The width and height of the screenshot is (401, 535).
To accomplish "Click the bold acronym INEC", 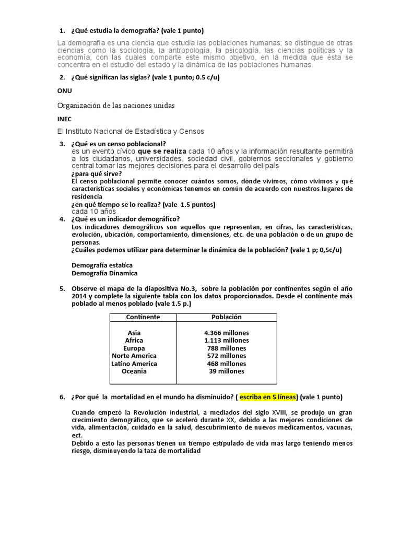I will pyautogui.click(x=64, y=119).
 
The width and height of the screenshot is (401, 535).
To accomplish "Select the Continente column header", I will pyautogui.click(x=143, y=317).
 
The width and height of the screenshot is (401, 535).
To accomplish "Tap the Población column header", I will pyautogui.click(x=227, y=317).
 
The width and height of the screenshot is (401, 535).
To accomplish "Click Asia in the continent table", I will pyautogui.click(x=134, y=333).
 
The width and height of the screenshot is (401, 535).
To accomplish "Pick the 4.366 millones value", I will pyautogui.click(x=227, y=333).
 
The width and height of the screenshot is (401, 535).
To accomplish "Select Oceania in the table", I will pyautogui.click(x=134, y=371).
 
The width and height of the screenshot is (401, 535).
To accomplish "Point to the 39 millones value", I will pyautogui.click(x=227, y=371).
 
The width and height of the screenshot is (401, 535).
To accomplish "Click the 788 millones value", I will pyautogui.click(x=227, y=348).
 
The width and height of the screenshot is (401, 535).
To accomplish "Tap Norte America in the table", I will pyautogui.click(x=134, y=356).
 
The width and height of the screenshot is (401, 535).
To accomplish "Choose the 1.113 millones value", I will pyautogui.click(x=227, y=340).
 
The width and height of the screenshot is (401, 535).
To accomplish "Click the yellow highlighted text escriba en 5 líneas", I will pyautogui.click(x=268, y=398).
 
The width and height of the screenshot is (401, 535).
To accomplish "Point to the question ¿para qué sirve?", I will pyautogui.click(x=97, y=174).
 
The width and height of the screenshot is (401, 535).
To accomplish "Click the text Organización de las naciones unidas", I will pyautogui.click(x=116, y=106).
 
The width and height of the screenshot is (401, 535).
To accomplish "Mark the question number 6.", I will pyautogui.click(x=62, y=398).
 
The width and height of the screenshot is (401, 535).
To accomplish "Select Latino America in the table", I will pyautogui.click(x=134, y=364).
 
